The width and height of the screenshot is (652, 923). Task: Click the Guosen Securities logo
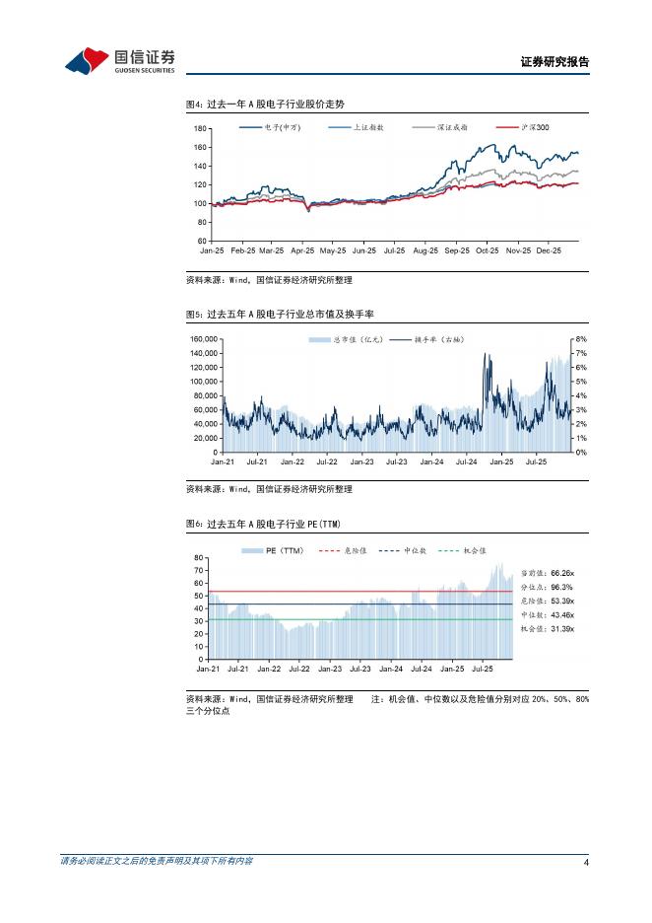pos(119,61)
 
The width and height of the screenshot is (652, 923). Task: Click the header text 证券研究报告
pos(554,61)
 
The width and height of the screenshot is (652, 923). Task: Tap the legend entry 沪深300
pos(535,128)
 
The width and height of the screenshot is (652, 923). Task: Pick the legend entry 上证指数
pos(368,128)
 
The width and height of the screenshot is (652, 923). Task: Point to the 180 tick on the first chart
pos(200,129)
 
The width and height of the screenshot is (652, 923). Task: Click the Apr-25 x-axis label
pos(302,251)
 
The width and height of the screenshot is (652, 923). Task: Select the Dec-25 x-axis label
pos(549,251)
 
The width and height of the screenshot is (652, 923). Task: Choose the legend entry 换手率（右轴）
pos(438,339)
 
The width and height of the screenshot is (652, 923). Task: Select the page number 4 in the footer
pos(586,863)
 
